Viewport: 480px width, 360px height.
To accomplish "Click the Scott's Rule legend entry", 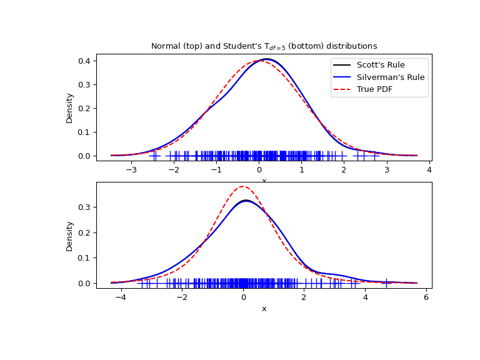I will click(380, 65).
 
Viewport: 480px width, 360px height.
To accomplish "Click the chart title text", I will click(264, 46).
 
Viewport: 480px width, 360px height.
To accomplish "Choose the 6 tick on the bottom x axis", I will click(426, 297).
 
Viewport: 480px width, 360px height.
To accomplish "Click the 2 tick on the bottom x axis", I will click(304, 297).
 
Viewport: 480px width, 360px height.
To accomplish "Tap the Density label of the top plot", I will click(70, 107).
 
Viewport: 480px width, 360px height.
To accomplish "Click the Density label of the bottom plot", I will click(70, 236).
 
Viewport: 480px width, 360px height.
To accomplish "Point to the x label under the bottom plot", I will click(264, 309).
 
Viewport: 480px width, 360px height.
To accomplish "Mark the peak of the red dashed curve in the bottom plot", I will click(242, 186).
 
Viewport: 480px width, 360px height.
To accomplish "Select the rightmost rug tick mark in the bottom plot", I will click(387, 283).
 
